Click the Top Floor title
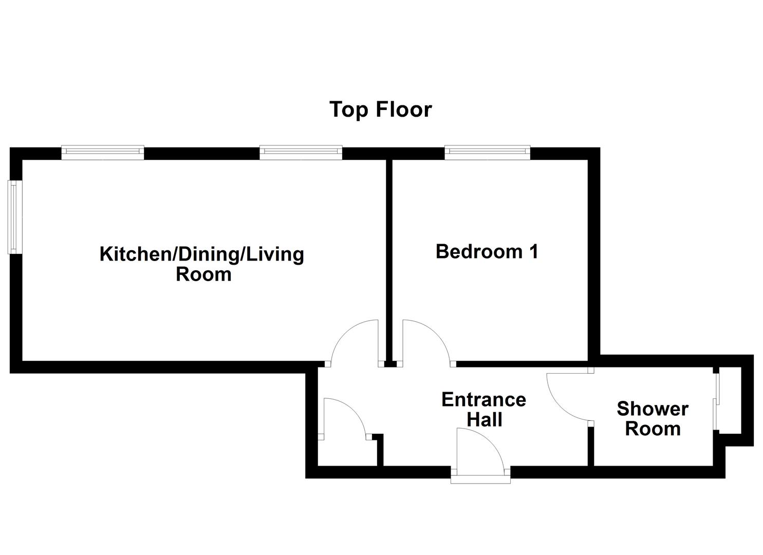pos(380,109)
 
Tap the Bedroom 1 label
pos(487,252)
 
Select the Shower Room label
pos(653,419)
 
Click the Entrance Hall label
pos(483,410)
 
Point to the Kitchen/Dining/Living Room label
pos(202,264)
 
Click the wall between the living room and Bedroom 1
pos(389,257)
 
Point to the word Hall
pos(485,420)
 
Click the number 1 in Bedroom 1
pos(533,252)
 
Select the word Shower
pos(653,409)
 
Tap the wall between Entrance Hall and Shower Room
pos(591,445)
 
